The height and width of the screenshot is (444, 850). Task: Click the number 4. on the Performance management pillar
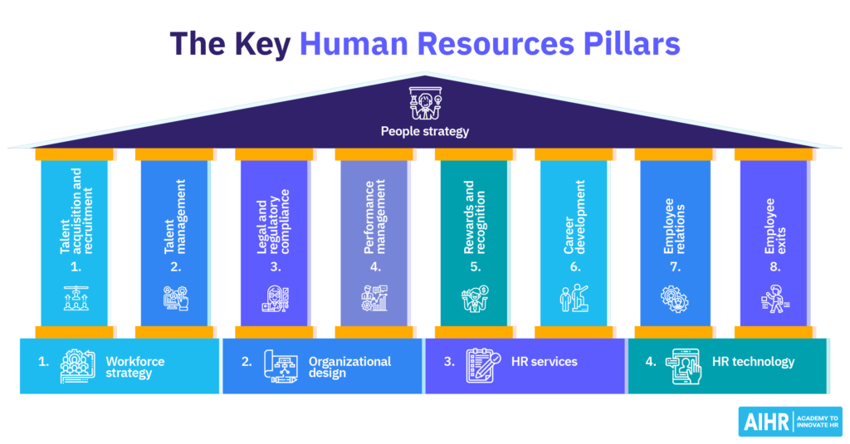click(374, 267)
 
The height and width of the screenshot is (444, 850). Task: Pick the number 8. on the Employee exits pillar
click(773, 267)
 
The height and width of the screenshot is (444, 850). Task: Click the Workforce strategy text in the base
click(135, 367)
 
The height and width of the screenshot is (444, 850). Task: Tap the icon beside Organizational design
click(281, 367)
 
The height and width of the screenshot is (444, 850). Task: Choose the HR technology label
click(753, 362)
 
